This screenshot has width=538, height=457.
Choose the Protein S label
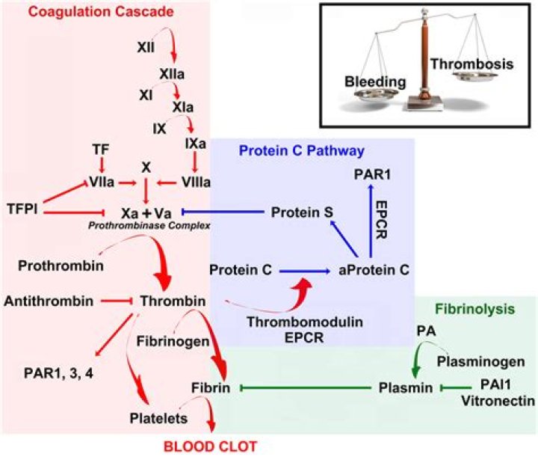click(302, 212)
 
